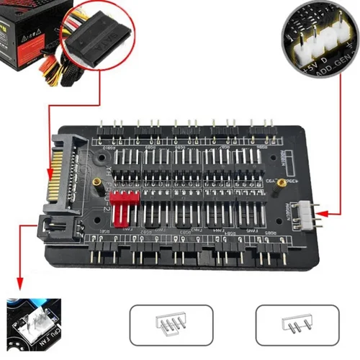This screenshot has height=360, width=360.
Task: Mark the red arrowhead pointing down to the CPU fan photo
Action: (x=17, y=286)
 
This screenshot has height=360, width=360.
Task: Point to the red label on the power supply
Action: (x=32, y=36)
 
